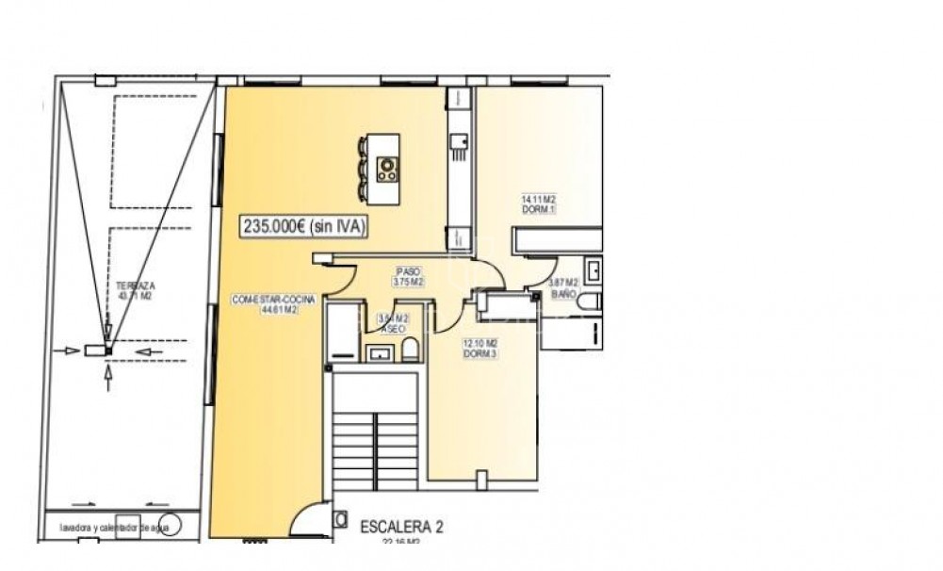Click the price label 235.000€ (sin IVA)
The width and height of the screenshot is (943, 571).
[304, 226]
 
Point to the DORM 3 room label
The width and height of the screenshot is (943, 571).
[480, 348]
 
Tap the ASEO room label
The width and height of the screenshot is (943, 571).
[392, 324]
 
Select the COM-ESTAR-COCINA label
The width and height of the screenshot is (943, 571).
[266, 303]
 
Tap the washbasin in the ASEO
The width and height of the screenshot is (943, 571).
[381, 354]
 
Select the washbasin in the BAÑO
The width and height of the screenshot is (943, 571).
[593, 270]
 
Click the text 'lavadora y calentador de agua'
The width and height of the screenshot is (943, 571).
[103, 527]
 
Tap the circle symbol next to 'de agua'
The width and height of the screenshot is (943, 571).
[171, 525]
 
